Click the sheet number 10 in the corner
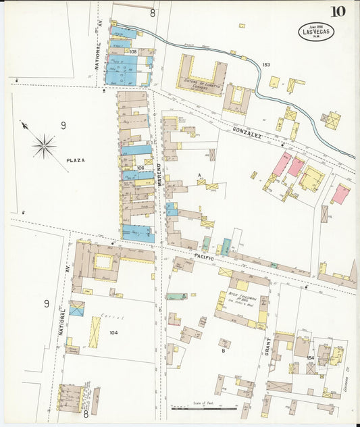[338, 11]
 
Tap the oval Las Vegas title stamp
[315, 31]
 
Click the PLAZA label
[76, 161]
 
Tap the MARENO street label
[160, 174]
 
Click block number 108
[133, 51]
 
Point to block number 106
[140, 168]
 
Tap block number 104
[113, 333]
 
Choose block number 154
[310, 357]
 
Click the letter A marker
[199, 175]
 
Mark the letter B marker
[223, 351]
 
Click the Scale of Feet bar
[203, 408]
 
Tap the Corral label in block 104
[105, 315]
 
